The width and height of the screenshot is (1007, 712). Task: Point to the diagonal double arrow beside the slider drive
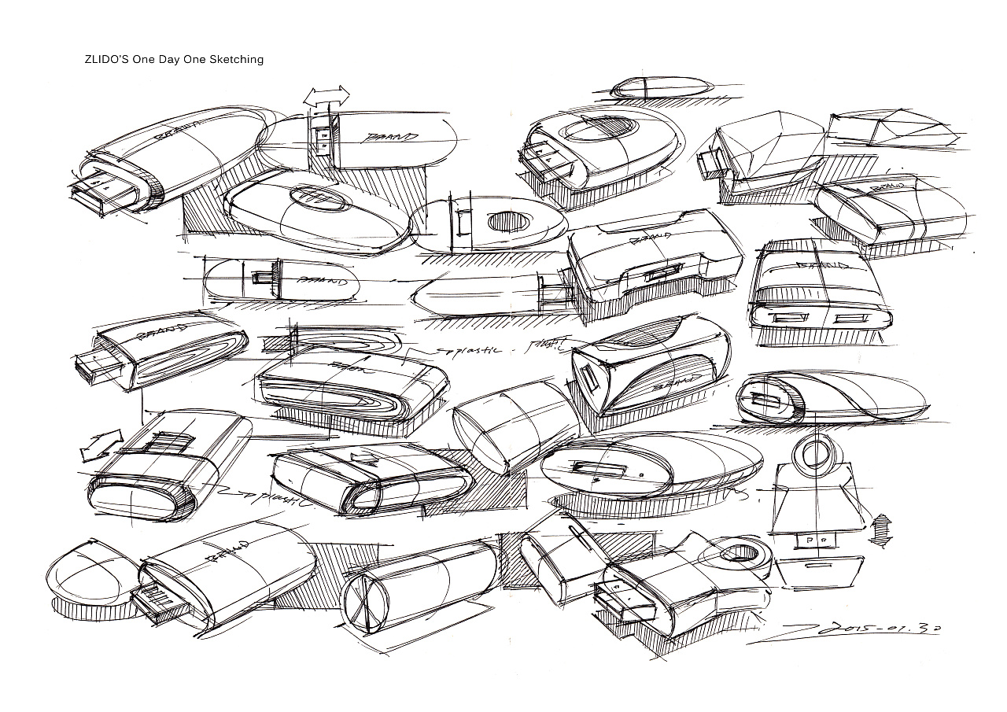click(x=101, y=445)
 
